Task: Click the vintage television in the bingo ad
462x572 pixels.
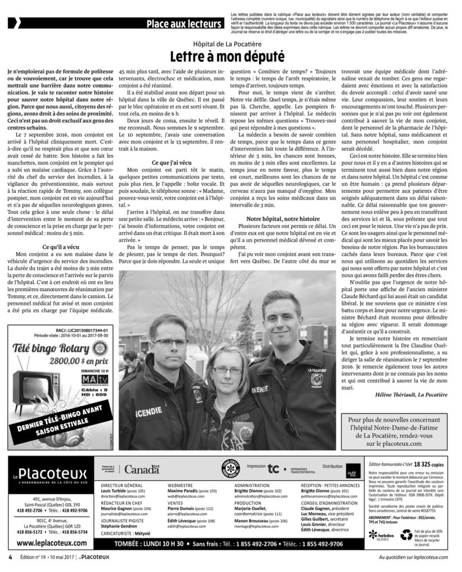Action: point(33,385)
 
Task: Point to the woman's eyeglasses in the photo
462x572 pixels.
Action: point(227,370)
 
